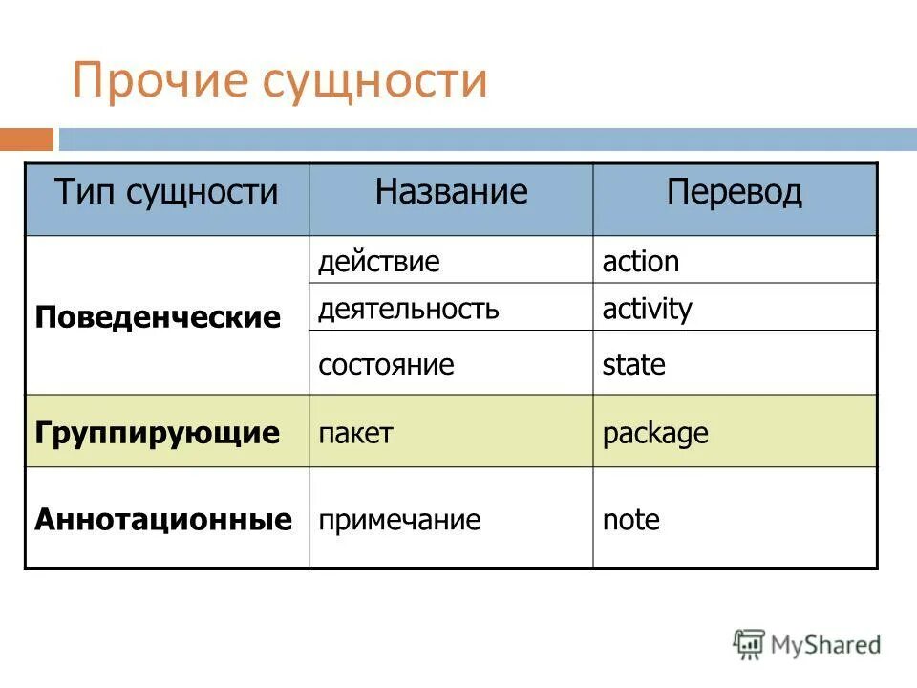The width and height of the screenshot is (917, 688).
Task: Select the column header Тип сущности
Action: (166, 193)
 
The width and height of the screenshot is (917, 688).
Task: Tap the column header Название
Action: (451, 193)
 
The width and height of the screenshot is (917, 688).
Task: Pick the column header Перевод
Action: (734, 193)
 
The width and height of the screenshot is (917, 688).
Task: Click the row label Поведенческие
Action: (158, 317)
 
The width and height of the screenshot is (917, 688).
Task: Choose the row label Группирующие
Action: (158, 433)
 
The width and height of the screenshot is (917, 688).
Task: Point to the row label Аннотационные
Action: (163, 520)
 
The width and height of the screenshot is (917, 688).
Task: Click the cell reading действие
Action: (379, 262)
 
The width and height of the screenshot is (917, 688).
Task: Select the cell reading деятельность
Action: (409, 309)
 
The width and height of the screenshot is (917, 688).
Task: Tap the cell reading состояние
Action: (386, 365)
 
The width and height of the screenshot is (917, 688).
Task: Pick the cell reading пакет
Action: (355, 434)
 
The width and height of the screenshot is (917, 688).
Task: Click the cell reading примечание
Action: (399, 521)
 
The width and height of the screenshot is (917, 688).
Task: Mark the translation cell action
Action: (641, 262)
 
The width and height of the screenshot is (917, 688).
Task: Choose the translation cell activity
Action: (647, 310)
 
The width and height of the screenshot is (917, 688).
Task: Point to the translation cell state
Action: (633, 365)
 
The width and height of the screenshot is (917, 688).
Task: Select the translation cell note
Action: (630, 521)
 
